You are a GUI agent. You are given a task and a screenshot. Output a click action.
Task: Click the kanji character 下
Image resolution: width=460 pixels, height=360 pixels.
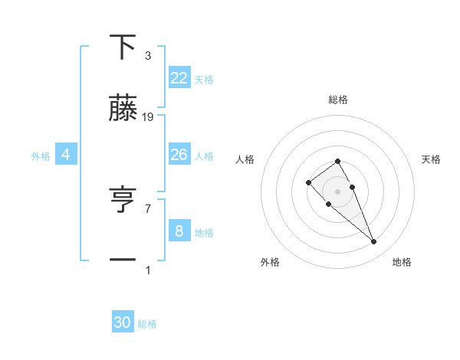[x=123, y=47]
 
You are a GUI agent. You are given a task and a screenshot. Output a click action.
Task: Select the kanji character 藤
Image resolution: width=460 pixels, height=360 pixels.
[x=123, y=109]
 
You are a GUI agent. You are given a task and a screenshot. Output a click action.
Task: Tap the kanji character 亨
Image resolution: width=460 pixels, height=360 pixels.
[x=123, y=201]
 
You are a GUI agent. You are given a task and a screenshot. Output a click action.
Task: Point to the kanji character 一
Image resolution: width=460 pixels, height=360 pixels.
[x=123, y=260]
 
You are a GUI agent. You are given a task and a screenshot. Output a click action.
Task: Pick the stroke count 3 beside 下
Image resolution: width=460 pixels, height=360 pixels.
[x=148, y=56]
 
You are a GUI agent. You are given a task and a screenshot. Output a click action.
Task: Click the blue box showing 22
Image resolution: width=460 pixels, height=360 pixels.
[x=179, y=77]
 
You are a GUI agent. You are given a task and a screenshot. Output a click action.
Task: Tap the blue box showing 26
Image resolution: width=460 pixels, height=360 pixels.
[x=179, y=155]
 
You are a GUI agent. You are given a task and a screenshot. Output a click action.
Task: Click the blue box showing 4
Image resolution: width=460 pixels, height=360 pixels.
[x=66, y=155]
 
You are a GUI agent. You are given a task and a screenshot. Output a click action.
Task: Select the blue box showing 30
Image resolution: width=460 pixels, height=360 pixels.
[x=123, y=322]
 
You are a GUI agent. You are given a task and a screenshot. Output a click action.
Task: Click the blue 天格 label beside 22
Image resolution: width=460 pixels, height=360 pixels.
[x=204, y=79]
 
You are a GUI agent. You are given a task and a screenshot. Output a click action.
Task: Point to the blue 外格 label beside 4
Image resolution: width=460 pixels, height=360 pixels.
[x=41, y=156]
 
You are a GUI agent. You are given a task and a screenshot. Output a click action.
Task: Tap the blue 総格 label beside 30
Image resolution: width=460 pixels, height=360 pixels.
[x=147, y=324]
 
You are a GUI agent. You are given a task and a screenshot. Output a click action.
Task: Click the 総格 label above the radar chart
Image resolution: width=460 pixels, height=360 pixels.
[x=338, y=100]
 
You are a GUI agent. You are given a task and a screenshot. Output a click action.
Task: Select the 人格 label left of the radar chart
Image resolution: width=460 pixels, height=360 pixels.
[x=245, y=159]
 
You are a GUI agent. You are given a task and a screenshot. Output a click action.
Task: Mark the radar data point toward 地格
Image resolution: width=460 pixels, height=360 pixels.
[x=373, y=242]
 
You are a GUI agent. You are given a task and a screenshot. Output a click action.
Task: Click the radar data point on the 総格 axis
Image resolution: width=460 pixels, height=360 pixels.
[x=337, y=161]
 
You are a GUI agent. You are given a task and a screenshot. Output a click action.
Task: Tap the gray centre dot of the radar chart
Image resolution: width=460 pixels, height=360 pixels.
[x=337, y=191]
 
